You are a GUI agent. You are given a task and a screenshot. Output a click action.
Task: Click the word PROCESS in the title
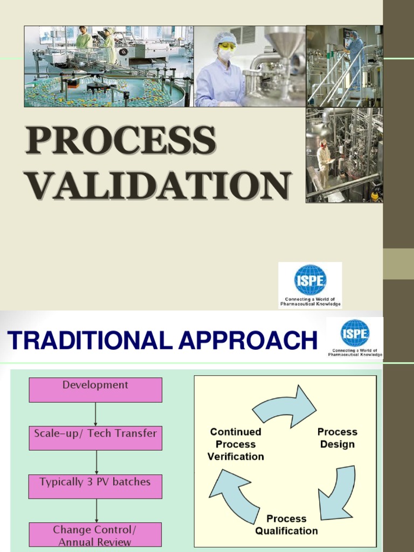121,141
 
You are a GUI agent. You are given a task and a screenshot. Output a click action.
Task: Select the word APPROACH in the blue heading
247,340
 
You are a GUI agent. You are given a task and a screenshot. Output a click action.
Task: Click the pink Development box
95,389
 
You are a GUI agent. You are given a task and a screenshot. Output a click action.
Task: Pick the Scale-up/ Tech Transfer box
95,437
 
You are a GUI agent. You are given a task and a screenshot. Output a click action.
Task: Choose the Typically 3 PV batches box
95,486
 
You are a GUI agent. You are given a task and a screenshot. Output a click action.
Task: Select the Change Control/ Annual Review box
95,534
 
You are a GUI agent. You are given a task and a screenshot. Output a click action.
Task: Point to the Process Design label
337,438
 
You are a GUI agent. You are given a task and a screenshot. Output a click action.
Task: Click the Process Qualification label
286,525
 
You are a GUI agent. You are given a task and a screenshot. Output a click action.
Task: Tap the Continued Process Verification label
236,444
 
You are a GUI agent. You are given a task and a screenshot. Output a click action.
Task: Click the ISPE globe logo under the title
310,280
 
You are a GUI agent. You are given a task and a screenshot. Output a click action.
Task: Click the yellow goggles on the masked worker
227,46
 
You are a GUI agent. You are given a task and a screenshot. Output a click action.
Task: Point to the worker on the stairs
355,57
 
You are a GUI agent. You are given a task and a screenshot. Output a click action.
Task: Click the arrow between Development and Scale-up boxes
95,414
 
